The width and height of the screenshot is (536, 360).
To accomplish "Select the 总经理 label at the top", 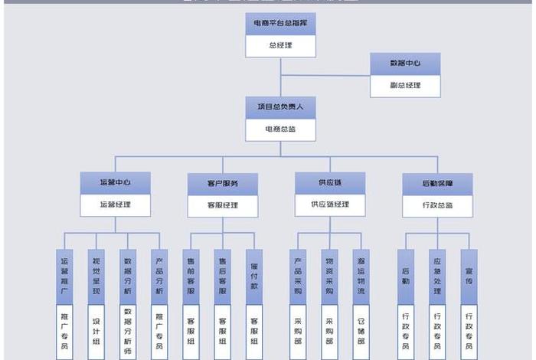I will [x=281, y=46].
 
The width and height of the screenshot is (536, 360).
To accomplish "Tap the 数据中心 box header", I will [x=405, y=64].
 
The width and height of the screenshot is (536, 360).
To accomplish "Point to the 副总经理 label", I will [x=405, y=86].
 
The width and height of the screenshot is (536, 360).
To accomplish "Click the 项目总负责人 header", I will [x=281, y=108].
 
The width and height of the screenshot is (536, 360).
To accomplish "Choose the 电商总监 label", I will [x=281, y=129].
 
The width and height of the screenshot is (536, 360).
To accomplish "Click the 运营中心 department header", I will [x=115, y=183].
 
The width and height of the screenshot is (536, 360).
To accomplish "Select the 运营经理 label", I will [x=115, y=205].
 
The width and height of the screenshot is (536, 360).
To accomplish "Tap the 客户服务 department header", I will [x=223, y=184].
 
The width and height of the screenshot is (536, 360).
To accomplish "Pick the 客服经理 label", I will [x=223, y=205].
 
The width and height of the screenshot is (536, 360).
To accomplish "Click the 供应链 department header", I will [x=330, y=183].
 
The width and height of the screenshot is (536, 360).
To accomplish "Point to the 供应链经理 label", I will [x=330, y=205].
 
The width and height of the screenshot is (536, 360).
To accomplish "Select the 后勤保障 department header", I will [x=437, y=184].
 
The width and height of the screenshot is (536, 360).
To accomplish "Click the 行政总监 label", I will [x=437, y=205].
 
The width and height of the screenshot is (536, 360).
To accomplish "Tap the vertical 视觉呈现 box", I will [x=96, y=276].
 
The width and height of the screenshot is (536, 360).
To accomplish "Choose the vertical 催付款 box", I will [x=254, y=276].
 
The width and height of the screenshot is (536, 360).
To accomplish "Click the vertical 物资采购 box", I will [x=329, y=276].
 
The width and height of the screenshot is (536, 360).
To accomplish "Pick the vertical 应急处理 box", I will [x=437, y=276].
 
